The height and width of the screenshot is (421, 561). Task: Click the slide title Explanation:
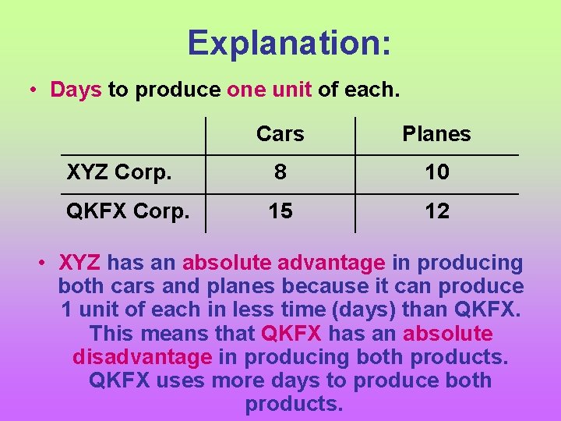click(289, 43)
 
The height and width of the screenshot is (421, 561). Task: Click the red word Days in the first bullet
click(76, 90)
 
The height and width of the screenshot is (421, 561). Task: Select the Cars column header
click(280, 134)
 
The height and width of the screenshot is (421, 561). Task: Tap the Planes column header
click(436, 134)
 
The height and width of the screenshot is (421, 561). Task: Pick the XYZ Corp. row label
click(119, 172)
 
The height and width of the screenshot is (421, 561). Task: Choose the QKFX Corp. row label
click(128, 211)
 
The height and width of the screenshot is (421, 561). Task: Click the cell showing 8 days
click(280, 172)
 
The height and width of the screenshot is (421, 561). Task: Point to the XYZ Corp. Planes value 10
click(436, 172)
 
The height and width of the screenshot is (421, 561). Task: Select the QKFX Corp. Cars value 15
click(280, 211)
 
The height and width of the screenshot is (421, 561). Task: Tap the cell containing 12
click(436, 211)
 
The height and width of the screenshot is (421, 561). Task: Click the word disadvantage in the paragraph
click(142, 357)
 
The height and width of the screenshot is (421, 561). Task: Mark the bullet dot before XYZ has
click(45, 264)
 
